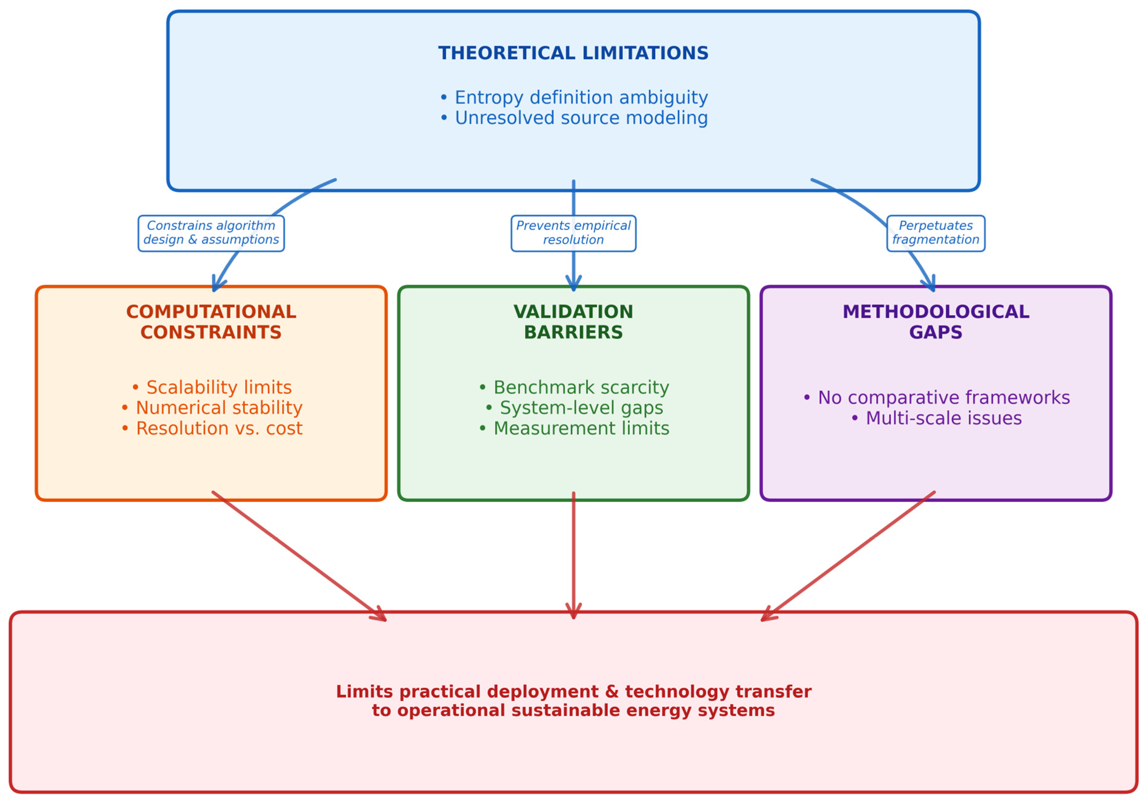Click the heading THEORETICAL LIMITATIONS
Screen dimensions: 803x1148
(x=573, y=53)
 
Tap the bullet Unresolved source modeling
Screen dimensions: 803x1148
(x=573, y=118)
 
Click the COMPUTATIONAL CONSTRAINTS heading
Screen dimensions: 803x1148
(x=211, y=322)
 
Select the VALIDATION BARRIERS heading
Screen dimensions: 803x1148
(x=573, y=322)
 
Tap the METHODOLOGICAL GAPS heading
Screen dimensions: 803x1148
(x=936, y=322)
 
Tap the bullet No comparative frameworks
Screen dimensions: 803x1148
(x=936, y=398)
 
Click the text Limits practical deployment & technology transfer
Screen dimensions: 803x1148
(x=573, y=692)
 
